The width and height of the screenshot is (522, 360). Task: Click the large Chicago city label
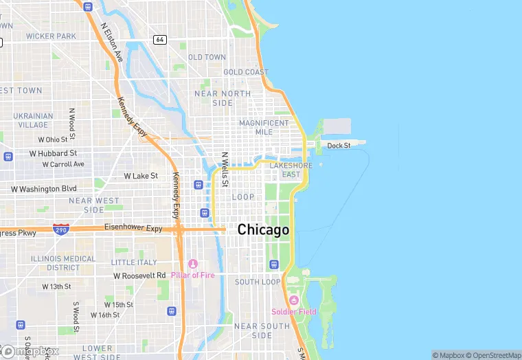pos(263,230)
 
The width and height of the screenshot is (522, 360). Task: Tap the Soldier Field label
pos(293,312)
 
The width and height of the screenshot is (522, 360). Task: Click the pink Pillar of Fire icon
pos(193,264)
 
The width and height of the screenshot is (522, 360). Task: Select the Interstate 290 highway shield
pos(60,228)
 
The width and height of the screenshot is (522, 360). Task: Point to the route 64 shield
pos(160,39)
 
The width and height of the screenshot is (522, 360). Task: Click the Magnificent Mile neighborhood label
pos(264,127)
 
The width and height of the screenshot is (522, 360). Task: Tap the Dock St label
pos(339,146)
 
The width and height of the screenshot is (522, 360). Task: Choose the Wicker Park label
pos(51,36)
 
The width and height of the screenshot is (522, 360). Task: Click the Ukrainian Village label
pos(33,120)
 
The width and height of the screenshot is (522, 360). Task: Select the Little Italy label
pos(134,262)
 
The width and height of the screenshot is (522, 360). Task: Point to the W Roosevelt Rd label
pos(139,275)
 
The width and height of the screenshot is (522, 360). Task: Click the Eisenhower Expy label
pos(133,227)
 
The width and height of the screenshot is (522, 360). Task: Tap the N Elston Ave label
pos(111,41)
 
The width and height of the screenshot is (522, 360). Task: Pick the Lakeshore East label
pos(291,170)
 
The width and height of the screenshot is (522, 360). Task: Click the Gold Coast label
pos(245,72)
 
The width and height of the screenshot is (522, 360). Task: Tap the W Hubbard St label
pos(53,153)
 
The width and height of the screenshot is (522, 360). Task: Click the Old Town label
pos(207,57)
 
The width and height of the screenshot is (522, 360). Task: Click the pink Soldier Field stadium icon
pos(294,300)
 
